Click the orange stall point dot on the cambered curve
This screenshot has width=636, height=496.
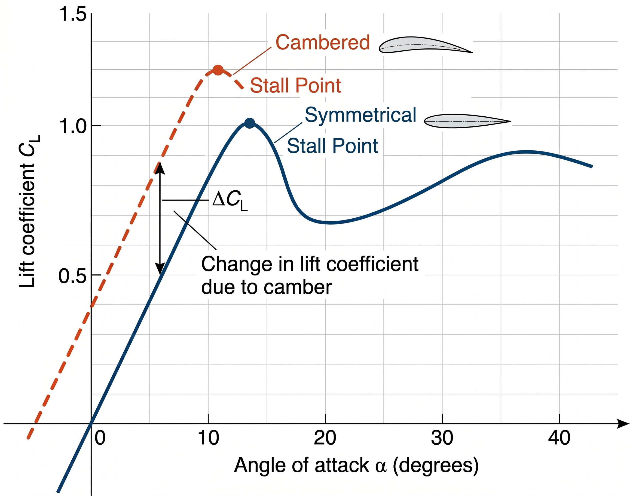(x=218, y=70)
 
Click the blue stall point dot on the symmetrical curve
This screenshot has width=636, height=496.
(x=250, y=123)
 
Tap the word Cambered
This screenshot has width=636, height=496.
(x=323, y=42)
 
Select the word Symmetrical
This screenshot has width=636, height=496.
(x=360, y=115)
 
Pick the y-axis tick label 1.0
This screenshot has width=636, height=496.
(x=73, y=126)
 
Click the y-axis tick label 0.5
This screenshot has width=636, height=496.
(x=72, y=276)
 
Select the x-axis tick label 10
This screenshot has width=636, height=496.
(x=208, y=438)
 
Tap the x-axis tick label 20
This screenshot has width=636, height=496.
(x=325, y=438)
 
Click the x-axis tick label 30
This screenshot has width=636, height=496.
(x=442, y=438)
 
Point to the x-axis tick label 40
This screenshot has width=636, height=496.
(x=559, y=438)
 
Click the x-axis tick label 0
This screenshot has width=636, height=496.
(x=100, y=438)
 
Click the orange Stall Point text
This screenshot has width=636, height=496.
(x=296, y=86)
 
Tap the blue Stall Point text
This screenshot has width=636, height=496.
(x=332, y=146)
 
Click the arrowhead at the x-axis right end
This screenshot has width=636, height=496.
(x=624, y=424)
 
